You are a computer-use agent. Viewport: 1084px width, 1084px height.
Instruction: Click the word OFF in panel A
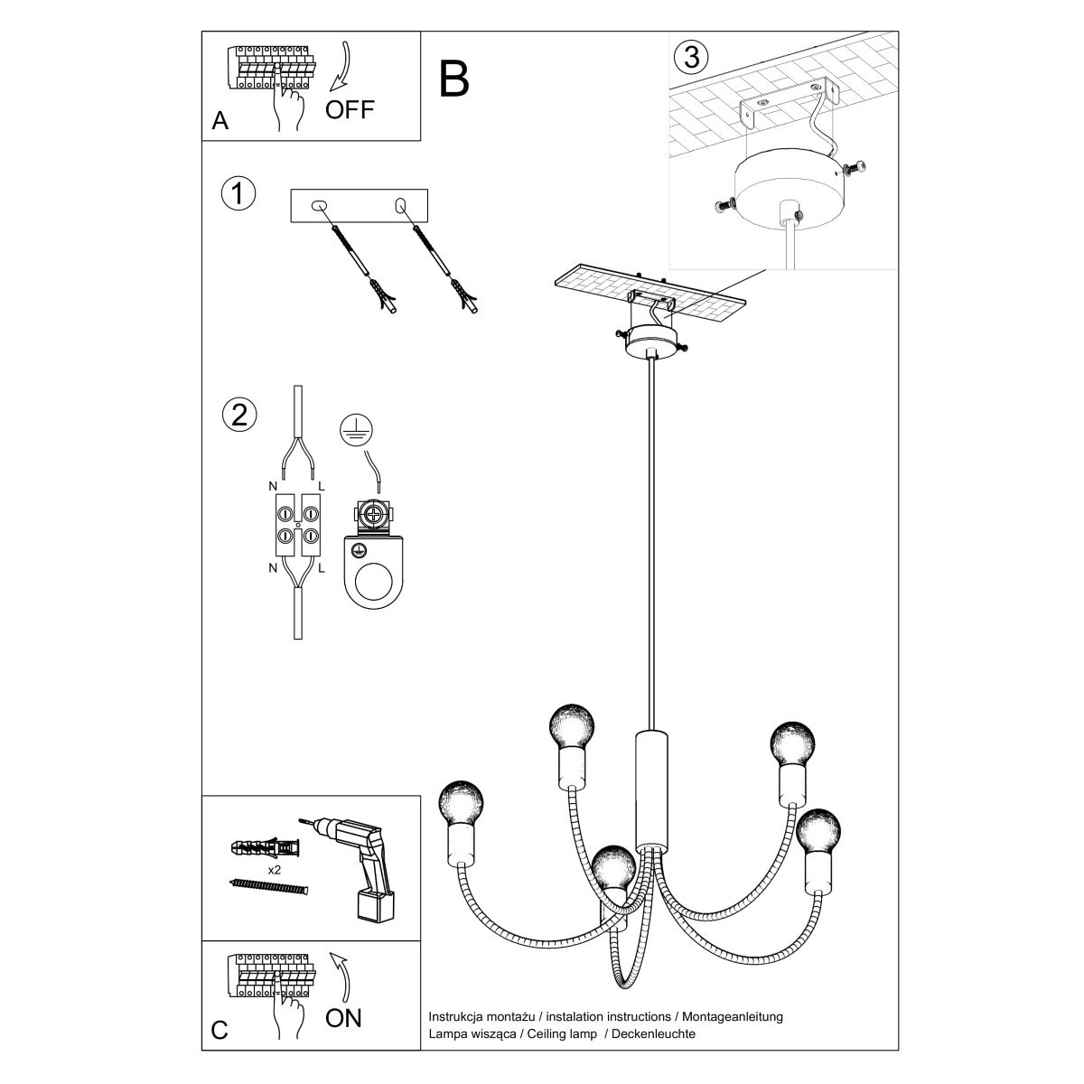point(349,110)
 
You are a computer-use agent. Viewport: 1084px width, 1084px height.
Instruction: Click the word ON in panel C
point(343,1018)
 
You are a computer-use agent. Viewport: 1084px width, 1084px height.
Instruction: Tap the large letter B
point(455,79)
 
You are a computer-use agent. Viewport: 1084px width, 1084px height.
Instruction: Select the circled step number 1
point(238,194)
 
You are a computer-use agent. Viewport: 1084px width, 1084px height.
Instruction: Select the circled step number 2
point(238,415)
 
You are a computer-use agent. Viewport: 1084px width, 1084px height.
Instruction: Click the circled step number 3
point(691,57)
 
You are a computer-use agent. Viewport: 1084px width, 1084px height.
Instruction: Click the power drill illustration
point(359,863)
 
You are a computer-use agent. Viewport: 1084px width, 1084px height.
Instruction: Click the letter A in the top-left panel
point(220,121)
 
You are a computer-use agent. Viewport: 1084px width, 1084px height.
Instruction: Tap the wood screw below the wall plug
point(269,886)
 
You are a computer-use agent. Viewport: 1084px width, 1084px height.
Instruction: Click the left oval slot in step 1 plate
point(317,206)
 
